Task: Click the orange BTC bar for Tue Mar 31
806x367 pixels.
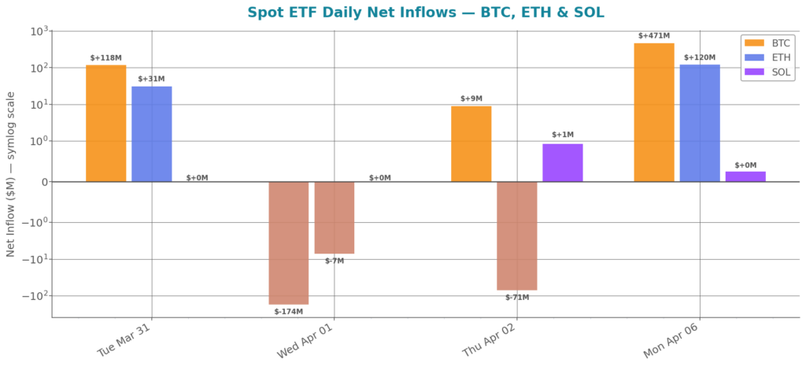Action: (x=105, y=123)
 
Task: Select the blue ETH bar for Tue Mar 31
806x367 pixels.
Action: (x=152, y=133)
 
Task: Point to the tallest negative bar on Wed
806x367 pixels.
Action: (x=289, y=243)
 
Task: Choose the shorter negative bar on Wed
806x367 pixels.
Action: (x=335, y=217)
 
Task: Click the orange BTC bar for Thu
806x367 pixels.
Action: (x=471, y=143)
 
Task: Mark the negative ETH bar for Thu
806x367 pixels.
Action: (x=517, y=235)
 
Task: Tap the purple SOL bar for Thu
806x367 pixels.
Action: (x=563, y=162)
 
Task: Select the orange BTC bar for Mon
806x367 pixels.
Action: (x=654, y=112)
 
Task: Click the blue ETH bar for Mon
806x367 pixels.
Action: (x=700, y=122)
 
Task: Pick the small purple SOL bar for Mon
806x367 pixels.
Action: (x=745, y=176)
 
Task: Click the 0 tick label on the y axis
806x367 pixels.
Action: (x=44, y=182)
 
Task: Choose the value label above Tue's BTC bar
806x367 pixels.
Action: (x=105, y=57)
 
